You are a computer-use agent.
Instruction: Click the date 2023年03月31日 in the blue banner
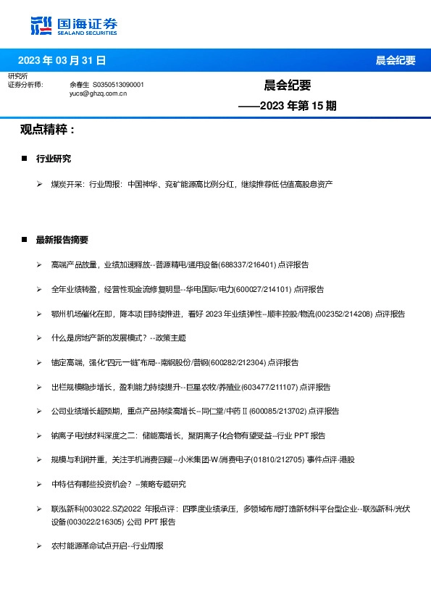[x=62, y=60]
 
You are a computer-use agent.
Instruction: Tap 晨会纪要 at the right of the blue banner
[x=396, y=60]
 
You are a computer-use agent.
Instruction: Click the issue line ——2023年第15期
[x=288, y=106]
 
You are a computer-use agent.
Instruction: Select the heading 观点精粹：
[x=48, y=130]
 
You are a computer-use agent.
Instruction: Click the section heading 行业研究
[x=54, y=159]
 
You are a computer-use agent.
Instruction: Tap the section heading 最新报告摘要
[x=62, y=240]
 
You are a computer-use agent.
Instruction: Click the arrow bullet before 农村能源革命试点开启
[x=40, y=545]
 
